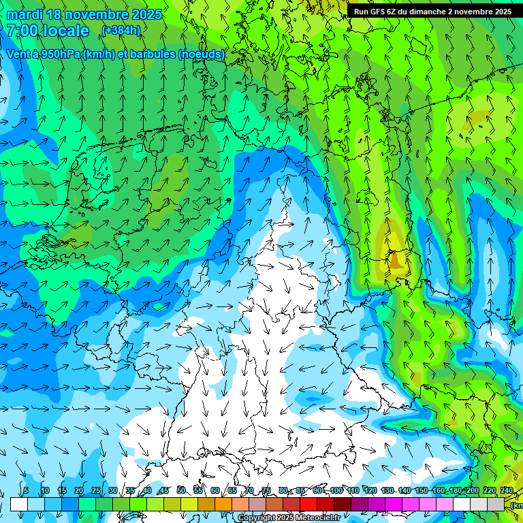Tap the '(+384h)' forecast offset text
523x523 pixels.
tap(121, 31)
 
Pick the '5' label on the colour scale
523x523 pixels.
tap(26, 490)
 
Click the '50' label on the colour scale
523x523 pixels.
tap(180, 490)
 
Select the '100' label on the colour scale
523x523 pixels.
tap(336, 490)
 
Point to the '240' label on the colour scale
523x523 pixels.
tap(507, 490)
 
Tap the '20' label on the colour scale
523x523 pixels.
tap(78, 490)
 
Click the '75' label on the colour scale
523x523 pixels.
tap(266, 490)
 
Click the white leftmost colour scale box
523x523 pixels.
tap(18, 504)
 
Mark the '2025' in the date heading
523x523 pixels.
tap(146, 14)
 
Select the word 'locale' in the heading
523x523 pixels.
tap(65, 31)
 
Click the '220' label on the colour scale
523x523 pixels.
tap(490, 490)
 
